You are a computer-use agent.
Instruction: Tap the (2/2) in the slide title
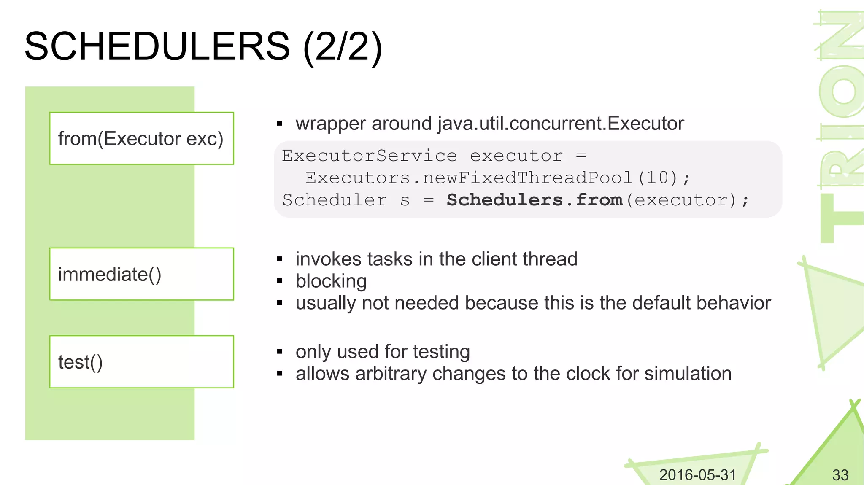[343, 47]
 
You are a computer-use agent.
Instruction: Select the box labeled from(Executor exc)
[141, 138]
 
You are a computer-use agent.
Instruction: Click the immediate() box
[141, 274]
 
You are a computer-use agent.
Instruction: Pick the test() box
[141, 362]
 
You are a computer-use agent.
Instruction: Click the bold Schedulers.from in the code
[534, 200]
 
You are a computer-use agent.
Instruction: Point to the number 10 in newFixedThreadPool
[657, 178]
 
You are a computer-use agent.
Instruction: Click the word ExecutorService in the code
[369, 156]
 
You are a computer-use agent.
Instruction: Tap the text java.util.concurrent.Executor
[560, 124]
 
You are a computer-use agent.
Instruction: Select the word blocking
[331, 281]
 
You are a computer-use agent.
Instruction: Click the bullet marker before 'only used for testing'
[279, 352]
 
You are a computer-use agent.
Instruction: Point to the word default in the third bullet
[658, 303]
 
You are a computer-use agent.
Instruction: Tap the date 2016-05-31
[697, 475]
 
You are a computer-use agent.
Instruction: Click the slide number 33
[840, 475]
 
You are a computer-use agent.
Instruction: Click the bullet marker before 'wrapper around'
[279, 124]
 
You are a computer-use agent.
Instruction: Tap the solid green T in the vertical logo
[840, 218]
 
